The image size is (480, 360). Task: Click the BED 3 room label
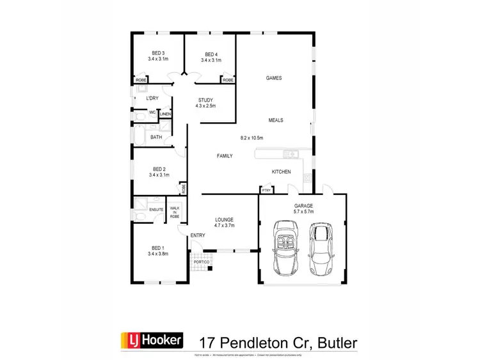point(158,53)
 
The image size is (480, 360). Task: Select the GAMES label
point(275,78)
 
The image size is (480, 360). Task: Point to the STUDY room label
point(205,100)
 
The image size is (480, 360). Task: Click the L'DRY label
point(152,98)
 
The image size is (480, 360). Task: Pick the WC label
point(152,113)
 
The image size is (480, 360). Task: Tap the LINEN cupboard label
point(165,114)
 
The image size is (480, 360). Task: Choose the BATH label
point(156,137)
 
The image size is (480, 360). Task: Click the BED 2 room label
point(158,168)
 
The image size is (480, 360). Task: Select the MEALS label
point(276,120)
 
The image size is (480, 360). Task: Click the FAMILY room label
point(225,155)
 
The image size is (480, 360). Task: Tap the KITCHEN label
point(282,171)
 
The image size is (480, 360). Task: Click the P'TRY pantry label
point(265,191)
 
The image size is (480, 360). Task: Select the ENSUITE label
point(156,209)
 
